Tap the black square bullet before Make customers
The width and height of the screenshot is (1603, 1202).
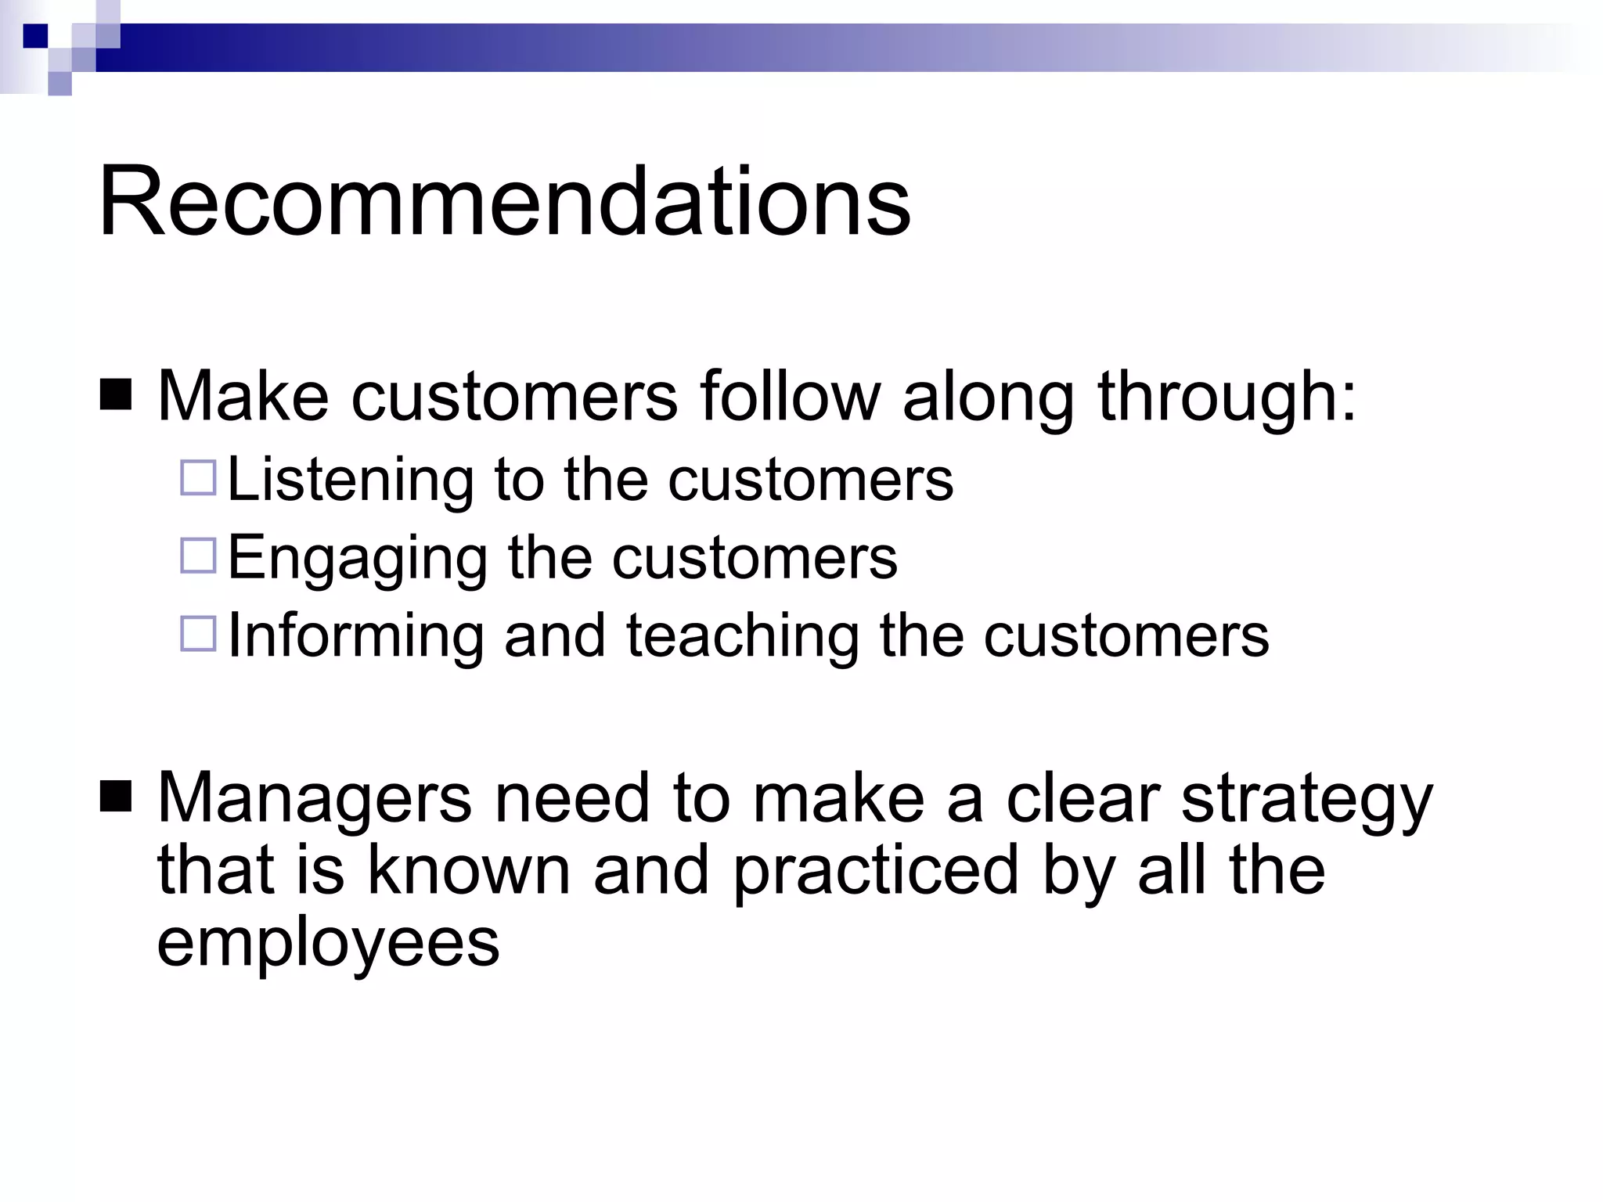tap(116, 395)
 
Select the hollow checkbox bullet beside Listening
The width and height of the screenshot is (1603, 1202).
tap(198, 477)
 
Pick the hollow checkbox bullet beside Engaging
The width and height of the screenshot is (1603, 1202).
tap(198, 556)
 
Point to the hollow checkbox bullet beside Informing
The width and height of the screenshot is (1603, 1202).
tap(198, 634)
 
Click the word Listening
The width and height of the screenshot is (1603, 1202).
tap(350, 480)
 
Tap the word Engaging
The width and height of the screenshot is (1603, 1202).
tap(357, 559)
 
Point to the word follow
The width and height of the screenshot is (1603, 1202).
tap(790, 396)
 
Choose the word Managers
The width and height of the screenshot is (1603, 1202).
tap(315, 800)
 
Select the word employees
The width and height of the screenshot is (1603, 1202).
tap(328, 943)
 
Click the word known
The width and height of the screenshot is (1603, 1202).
tap(469, 870)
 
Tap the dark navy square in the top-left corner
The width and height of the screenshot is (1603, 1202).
tap(35, 35)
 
